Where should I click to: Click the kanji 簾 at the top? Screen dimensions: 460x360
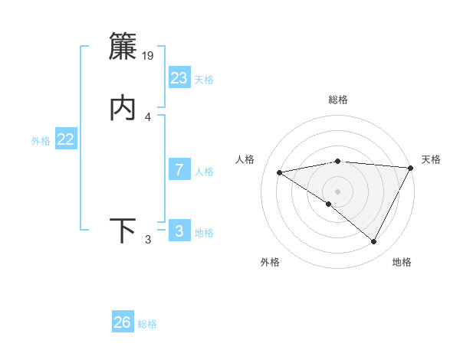123,47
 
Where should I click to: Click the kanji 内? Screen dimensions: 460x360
123,108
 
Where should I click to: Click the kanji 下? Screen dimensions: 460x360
123,231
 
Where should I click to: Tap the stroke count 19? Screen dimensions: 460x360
149,56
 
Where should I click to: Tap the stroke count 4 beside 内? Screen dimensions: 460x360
148,117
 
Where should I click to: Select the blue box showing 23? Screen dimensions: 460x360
179,78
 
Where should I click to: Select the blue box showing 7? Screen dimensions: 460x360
179,170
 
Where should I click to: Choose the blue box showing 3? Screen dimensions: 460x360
179,231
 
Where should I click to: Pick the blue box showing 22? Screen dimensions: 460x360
66,139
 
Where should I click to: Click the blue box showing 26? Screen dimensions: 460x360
123,322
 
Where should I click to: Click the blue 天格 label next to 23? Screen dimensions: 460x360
204,80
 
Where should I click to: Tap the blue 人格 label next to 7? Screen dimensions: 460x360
204,172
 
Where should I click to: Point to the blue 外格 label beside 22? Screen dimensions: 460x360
41,141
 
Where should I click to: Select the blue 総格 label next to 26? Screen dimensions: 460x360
147,324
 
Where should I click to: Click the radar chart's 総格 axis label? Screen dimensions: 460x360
338,100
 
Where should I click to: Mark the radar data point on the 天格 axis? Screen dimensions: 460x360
411,168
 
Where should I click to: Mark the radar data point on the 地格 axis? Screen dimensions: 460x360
374,242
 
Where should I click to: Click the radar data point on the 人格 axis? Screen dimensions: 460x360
279,172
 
